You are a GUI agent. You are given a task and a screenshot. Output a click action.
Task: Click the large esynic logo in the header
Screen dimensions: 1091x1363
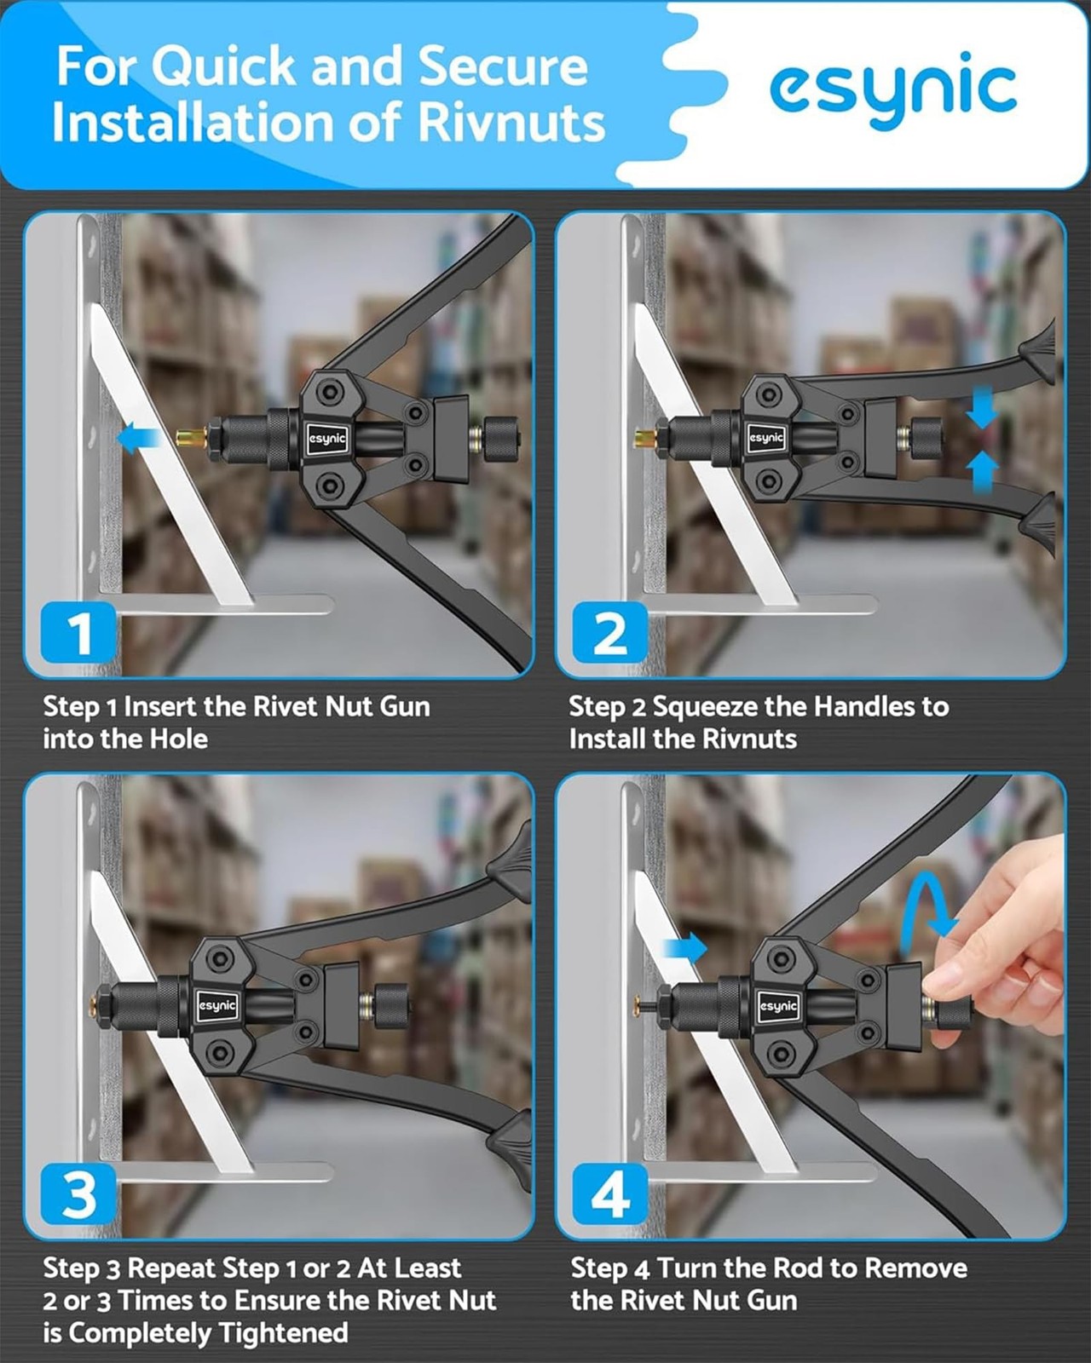click(892, 90)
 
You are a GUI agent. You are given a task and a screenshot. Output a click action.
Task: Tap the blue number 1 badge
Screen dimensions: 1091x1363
click(78, 632)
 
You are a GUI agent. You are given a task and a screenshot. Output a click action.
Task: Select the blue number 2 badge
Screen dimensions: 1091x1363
click(609, 632)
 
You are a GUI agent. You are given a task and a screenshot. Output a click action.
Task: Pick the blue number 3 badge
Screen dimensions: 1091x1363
click(78, 1193)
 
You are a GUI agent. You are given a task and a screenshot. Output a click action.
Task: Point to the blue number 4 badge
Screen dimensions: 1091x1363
click(609, 1193)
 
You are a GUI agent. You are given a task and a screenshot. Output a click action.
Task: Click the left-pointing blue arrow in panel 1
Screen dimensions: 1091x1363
click(139, 438)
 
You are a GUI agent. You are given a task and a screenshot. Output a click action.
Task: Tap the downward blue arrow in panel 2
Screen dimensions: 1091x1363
click(981, 406)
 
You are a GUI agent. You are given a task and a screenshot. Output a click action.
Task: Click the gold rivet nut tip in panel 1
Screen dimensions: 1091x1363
click(192, 437)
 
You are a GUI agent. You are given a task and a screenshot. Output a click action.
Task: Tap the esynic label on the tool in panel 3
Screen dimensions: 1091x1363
click(218, 1006)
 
